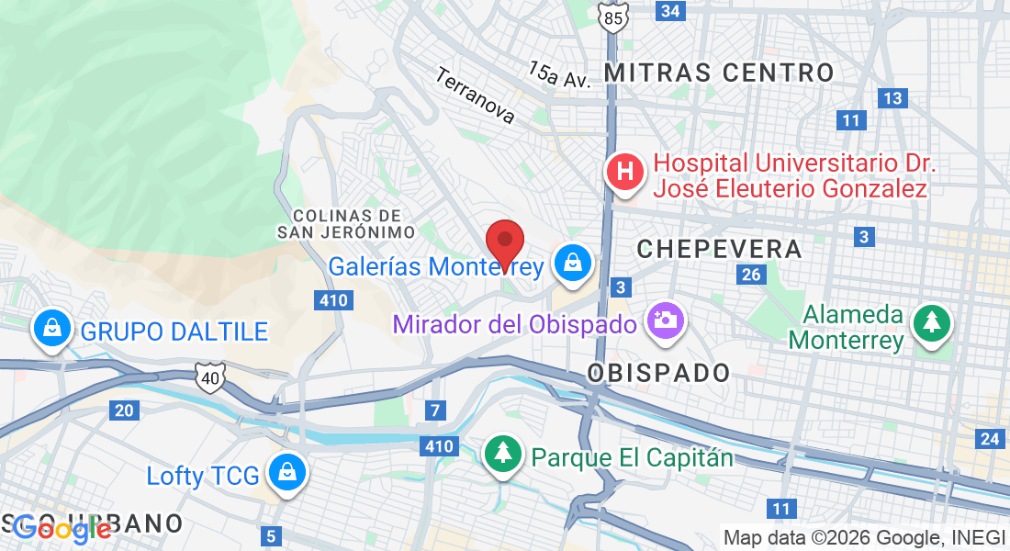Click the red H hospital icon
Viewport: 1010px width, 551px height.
click(625, 172)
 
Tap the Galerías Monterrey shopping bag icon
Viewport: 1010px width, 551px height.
click(573, 264)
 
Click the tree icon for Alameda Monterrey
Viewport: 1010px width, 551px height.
click(932, 322)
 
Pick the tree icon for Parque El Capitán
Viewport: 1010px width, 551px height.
click(502, 454)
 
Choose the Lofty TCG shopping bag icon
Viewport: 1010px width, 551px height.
click(287, 473)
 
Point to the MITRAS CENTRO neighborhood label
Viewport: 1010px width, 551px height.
click(719, 73)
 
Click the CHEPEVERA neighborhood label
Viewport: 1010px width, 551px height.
click(719, 248)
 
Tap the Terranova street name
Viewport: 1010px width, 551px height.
click(476, 96)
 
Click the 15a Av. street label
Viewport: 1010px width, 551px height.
click(558, 74)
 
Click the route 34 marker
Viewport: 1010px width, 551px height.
click(671, 10)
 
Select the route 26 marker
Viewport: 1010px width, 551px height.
click(751, 275)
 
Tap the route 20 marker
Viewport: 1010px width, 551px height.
click(123, 410)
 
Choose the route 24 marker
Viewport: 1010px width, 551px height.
click(989, 439)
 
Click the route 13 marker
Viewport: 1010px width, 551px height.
click(891, 98)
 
